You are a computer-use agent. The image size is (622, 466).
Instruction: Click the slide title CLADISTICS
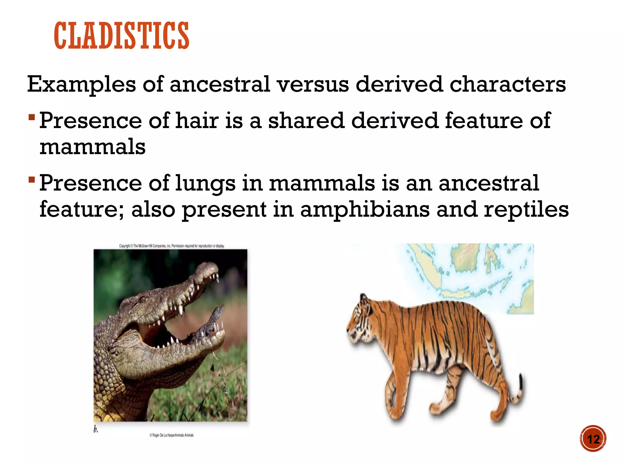(x=121, y=36)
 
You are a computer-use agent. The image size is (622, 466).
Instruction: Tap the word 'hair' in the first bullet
(x=197, y=120)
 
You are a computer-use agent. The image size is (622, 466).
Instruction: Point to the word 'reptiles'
(x=526, y=210)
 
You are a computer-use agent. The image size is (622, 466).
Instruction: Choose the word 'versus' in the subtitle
(x=313, y=84)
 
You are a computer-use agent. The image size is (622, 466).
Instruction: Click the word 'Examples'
(x=81, y=85)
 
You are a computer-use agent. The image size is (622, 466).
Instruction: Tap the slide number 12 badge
(x=593, y=439)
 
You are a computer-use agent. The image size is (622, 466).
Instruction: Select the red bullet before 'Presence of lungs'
(x=32, y=180)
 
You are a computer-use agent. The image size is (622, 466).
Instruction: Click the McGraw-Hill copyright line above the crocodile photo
(x=172, y=246)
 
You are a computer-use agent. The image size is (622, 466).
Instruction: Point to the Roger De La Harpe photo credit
(x=171, y=435)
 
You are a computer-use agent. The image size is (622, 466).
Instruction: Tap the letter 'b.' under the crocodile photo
(x=96, y=429)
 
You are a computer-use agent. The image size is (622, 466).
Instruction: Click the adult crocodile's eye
(x=142, y=299)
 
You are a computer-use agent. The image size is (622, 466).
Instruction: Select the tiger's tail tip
(x=521, y=382)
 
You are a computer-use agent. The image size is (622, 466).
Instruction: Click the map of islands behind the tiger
(x=474, y=273)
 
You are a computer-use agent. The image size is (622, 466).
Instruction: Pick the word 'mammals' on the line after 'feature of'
(x=92, y=147)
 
